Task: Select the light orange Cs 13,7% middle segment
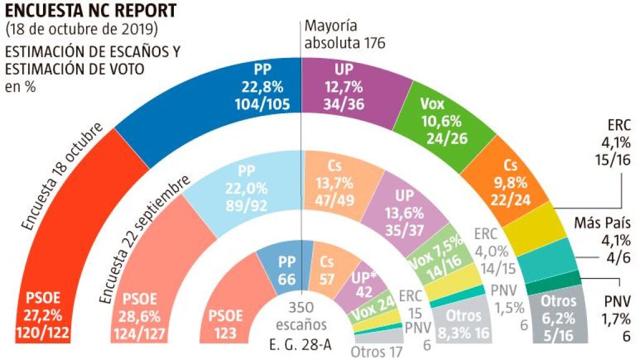(x=340, y=187)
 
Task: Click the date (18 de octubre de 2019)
(x=82, y=29)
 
